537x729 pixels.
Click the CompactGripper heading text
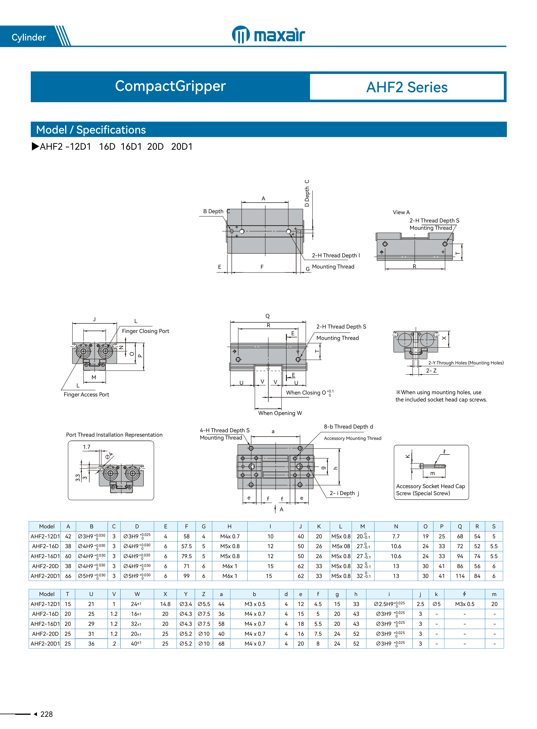(170, 86)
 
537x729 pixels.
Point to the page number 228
(47, 714)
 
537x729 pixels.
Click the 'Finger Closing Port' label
(145, 331)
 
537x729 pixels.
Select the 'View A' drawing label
(401, 212)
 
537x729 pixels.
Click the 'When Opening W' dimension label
(280, 413)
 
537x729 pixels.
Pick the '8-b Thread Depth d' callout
(348, 427)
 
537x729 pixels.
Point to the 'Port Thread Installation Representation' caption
(114, 435)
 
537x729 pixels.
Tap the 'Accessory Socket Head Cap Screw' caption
(430, 490)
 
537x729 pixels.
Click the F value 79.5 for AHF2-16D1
(186, 556)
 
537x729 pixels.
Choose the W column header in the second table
(137, 594)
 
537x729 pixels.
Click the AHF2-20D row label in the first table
(45, 566)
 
